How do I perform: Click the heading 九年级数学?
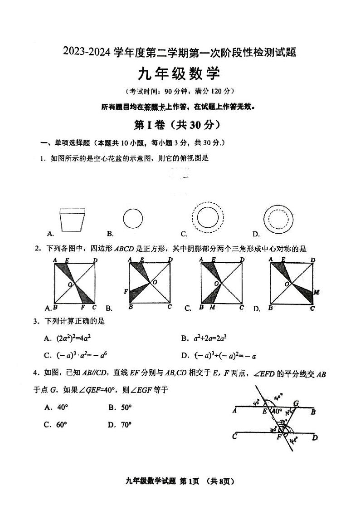tap(179, 74)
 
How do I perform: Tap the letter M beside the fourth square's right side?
tap(317, 293)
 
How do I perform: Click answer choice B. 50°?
tap(120, 407)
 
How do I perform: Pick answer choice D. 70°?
tap(120, 425)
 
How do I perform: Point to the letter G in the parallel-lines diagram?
tap(296, 403)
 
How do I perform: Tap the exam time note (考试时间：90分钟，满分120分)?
tap(180, 91)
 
